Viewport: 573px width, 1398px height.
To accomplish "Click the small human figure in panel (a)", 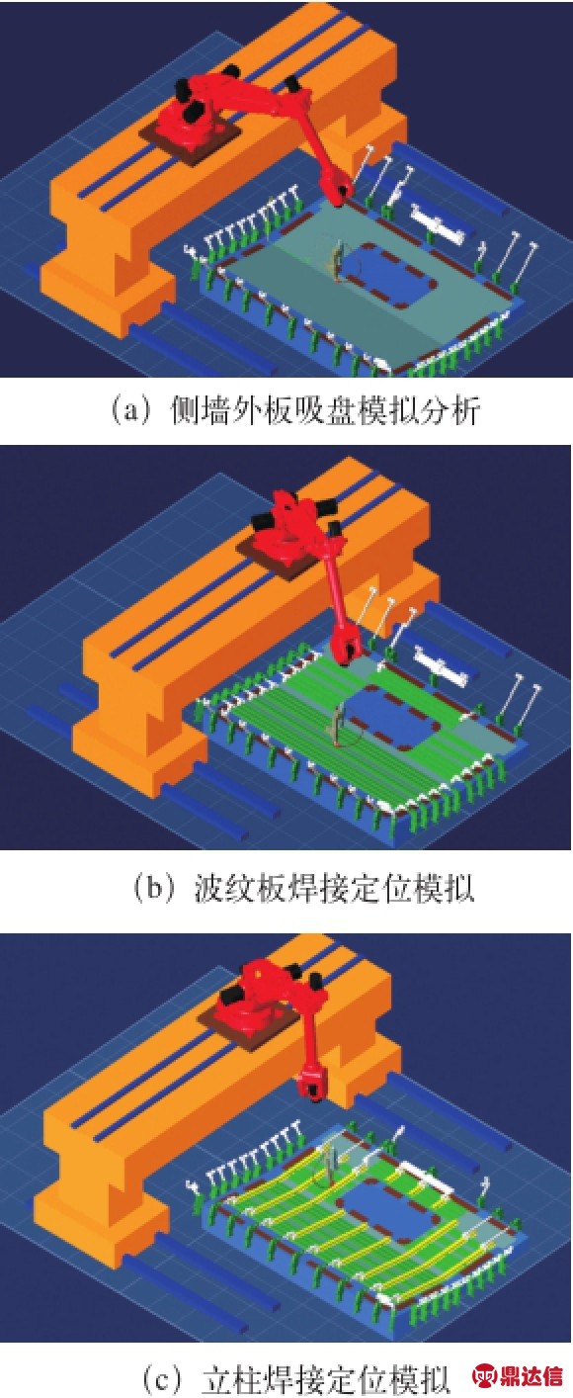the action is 337,261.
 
